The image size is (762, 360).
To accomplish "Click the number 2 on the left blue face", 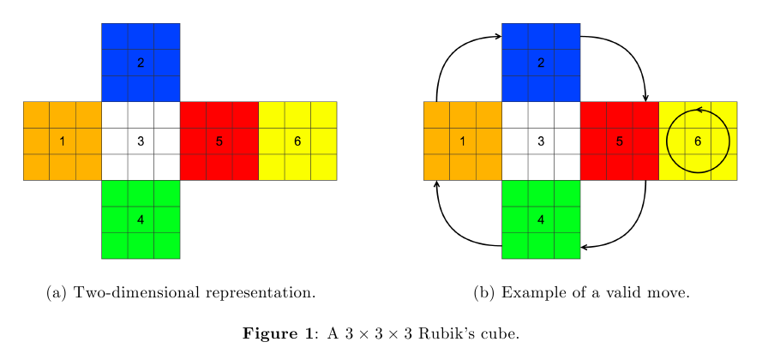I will [141, 63].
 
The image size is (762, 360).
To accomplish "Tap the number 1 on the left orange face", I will [63, 141].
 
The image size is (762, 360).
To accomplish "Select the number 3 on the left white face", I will [141, 141].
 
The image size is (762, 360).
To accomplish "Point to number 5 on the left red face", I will [219, 141].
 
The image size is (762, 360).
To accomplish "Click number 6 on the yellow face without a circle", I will [297, 141].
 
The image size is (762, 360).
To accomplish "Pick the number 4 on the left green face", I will [141, 219].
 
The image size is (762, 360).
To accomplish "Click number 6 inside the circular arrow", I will [698, 141].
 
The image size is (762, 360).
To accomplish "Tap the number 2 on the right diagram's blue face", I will [541, 63].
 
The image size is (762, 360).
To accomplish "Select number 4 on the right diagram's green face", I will [541, 219].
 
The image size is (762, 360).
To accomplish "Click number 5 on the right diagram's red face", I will [620, 141].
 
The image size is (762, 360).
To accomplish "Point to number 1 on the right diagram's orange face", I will [463, 141].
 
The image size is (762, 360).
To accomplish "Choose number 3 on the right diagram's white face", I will [541, 141].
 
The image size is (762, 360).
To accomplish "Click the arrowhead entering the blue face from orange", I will [497, 36].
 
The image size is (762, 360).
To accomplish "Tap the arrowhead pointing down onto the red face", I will [645, 98].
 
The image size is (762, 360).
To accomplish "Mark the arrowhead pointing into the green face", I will [585, 247].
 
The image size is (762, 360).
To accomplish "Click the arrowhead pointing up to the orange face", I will [437, 184].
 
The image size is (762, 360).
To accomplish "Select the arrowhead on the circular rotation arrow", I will [699, 110].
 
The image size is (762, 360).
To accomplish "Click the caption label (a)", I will [57, 293].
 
